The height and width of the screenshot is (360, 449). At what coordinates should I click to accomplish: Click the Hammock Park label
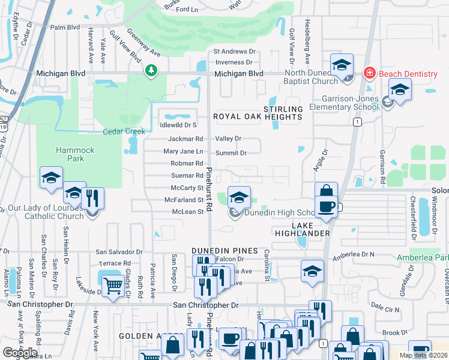[71, 154]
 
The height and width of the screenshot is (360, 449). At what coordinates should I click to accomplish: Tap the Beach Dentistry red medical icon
[370, 74]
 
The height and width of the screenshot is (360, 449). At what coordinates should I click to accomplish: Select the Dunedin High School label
[279, 213]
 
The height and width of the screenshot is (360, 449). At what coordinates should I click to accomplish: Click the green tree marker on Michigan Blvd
[151, 71]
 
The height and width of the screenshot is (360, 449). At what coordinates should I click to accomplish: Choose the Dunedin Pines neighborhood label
[224, 250]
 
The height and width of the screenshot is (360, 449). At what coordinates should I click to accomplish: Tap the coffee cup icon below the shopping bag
[326, 207]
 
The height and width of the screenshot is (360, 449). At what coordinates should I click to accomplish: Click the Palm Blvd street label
[65, 28]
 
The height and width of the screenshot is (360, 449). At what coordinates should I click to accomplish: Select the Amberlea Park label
[423, 257]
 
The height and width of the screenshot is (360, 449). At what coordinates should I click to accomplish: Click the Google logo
[20, 353]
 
